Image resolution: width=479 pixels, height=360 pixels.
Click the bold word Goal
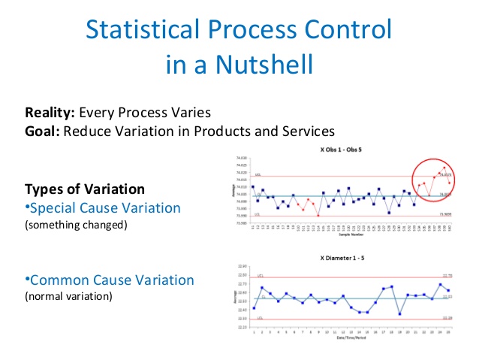(x=41, y=130)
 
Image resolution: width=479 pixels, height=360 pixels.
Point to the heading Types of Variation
(x=85, y=189)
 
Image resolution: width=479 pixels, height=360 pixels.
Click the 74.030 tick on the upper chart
(x=241, y=157)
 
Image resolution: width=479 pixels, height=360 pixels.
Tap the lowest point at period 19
(x=399, y=314)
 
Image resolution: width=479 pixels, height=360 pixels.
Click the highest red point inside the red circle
(x=444, y=168)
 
